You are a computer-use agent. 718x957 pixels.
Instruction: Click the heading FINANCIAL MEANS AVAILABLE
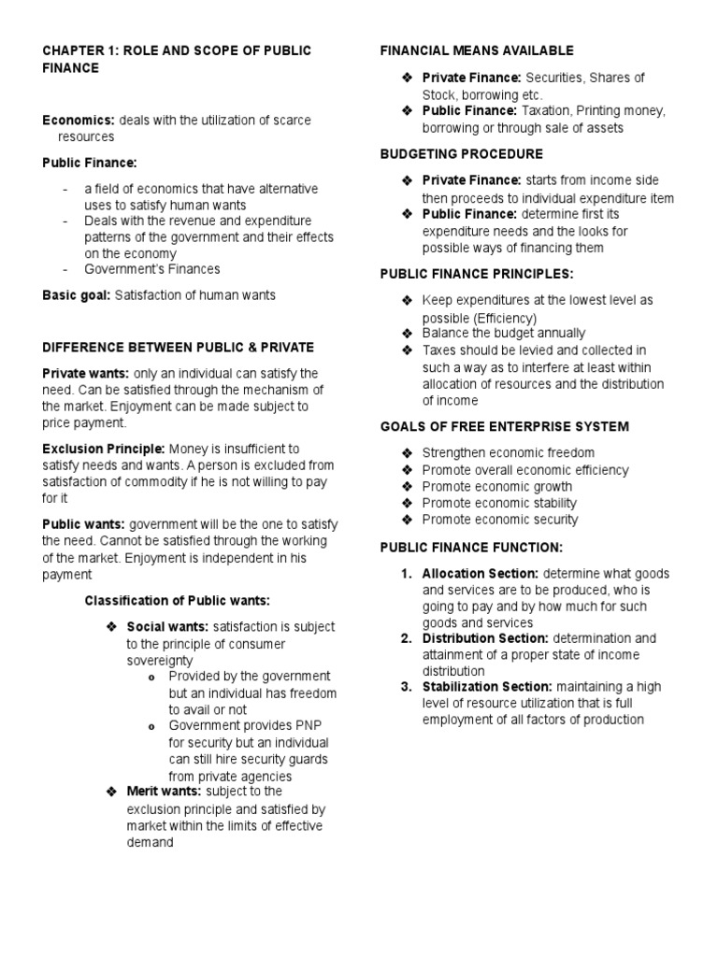[477, 50]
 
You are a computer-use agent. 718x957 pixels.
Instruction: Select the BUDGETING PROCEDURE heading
[462, 153]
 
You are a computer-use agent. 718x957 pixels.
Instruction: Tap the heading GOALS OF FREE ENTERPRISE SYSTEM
[505, 426]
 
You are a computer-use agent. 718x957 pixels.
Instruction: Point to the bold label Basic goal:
[76, 295]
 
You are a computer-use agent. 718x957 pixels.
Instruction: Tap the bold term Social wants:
[168, 626]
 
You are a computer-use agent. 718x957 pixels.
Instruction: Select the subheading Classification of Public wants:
[178, 600]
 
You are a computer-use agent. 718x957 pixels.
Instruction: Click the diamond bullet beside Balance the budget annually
[406, 333]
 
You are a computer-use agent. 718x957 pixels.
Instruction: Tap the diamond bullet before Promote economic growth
[406, 486]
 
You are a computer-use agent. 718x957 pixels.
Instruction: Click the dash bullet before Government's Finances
[65, 269]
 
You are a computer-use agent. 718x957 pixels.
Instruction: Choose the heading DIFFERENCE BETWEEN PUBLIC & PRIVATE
[179, 347]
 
